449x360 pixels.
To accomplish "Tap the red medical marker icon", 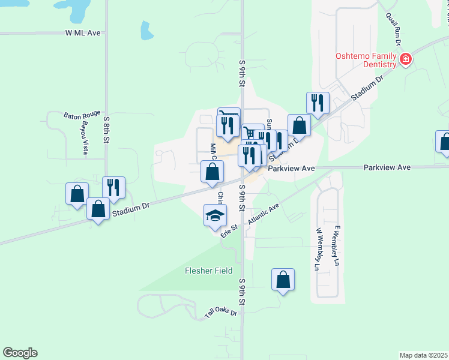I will pos(406,59).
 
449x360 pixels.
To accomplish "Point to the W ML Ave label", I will pos(83,33).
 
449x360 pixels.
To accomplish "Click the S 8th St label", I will pos(106,129).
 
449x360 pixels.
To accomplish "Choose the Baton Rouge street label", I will pos(82,114).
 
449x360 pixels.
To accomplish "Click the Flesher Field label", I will pos(208,271).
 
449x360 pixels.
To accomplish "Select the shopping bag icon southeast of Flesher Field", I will pos(283,280).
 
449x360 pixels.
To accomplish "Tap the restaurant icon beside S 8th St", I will pos(113,187).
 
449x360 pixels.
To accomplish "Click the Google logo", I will pos(20,353).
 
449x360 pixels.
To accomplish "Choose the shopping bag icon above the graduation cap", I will pos(212,172).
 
